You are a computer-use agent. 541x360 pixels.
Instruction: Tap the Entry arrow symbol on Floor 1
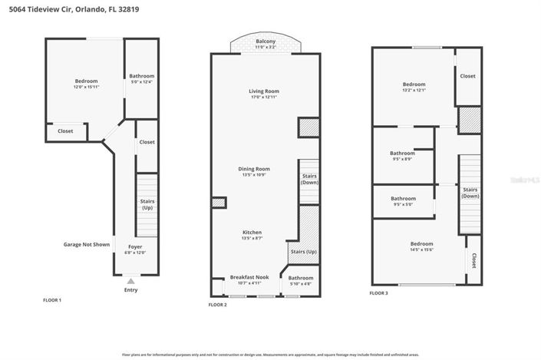coord(130,282)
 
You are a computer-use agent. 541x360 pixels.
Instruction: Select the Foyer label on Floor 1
coord(135,246)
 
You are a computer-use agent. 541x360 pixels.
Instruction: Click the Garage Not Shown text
coord(86,244)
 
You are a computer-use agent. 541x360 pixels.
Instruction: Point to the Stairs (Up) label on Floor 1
coord(147,204)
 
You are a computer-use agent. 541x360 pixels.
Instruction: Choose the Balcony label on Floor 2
coord(266,41)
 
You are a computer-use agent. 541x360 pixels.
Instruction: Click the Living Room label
coord(262,91)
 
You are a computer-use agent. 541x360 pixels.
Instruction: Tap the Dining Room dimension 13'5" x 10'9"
coord(256,175)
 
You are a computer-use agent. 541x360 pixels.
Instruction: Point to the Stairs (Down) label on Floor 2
coord(309,179)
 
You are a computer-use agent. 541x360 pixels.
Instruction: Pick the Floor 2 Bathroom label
coord(301,277)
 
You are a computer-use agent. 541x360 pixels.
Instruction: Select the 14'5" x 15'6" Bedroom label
coord(422,249)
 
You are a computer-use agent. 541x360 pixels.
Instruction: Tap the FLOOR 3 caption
coord(379,293)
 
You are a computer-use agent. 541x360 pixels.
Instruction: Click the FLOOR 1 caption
coord(52,299)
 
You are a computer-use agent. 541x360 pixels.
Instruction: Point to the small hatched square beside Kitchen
coord(219,203)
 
